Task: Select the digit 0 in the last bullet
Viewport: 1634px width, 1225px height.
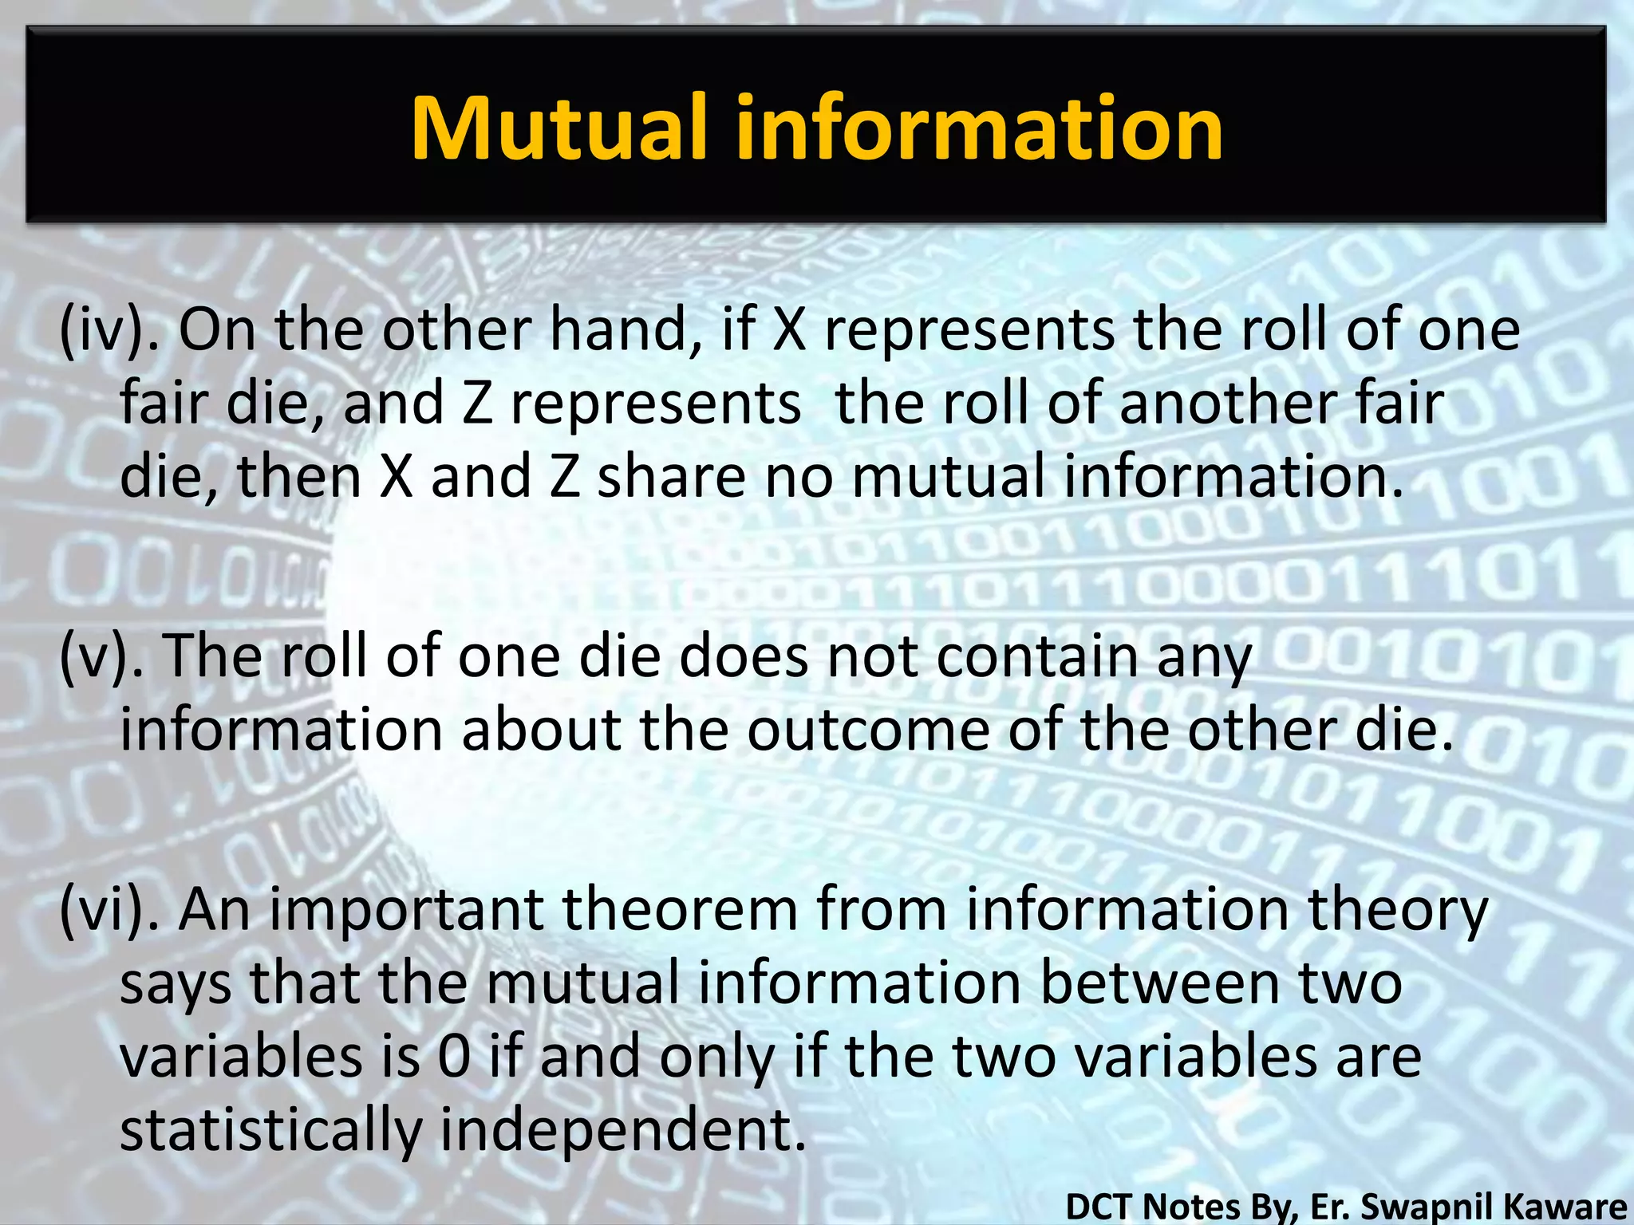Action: [x=454, y=1056]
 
